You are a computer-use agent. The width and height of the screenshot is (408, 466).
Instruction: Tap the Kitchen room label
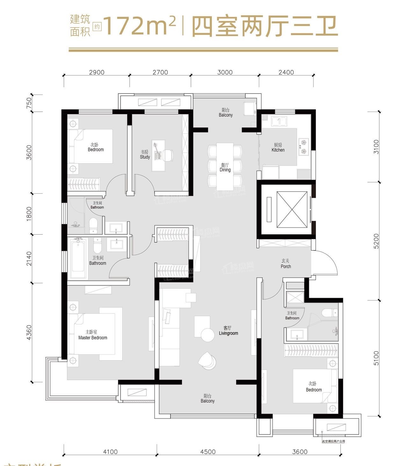[278, 147]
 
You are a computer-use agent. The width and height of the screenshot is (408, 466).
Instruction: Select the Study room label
[145, 154]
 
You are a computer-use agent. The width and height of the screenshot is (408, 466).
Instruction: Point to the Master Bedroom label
[92, 335]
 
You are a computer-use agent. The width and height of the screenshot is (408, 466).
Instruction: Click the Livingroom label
[228, 331]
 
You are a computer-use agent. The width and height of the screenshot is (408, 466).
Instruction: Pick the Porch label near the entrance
[286, 264]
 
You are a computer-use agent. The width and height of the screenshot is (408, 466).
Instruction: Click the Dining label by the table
[225, 168]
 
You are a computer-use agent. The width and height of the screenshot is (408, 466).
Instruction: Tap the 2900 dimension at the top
[97, 72]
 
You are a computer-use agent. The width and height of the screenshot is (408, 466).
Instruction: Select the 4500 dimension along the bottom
[208, 452]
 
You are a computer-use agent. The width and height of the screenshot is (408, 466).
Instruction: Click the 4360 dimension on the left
[29, 332]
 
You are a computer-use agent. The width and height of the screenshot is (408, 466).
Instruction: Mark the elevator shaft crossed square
[292, 209]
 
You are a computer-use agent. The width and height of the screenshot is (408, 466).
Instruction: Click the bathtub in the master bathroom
[77, 259]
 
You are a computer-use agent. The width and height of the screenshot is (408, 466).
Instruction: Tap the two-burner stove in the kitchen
[304, 146]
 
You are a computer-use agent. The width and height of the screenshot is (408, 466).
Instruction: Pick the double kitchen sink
[279, 121]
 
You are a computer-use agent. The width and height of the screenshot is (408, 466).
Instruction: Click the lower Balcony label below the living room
[208, 399]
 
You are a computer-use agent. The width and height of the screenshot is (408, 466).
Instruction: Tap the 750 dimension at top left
[29, 103]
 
